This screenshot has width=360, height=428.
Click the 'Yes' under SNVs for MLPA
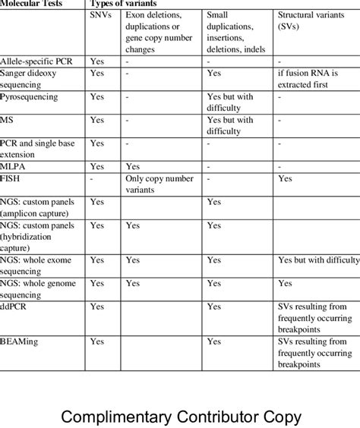pos(97,165)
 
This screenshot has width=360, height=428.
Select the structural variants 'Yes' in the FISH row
pos(285,178)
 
